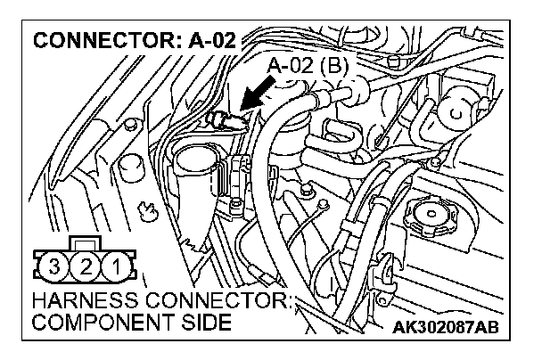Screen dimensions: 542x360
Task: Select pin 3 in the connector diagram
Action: pyautogui.click(x=55, y=265)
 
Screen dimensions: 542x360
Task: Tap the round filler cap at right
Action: pyautogui.click(x=432, y=214)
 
